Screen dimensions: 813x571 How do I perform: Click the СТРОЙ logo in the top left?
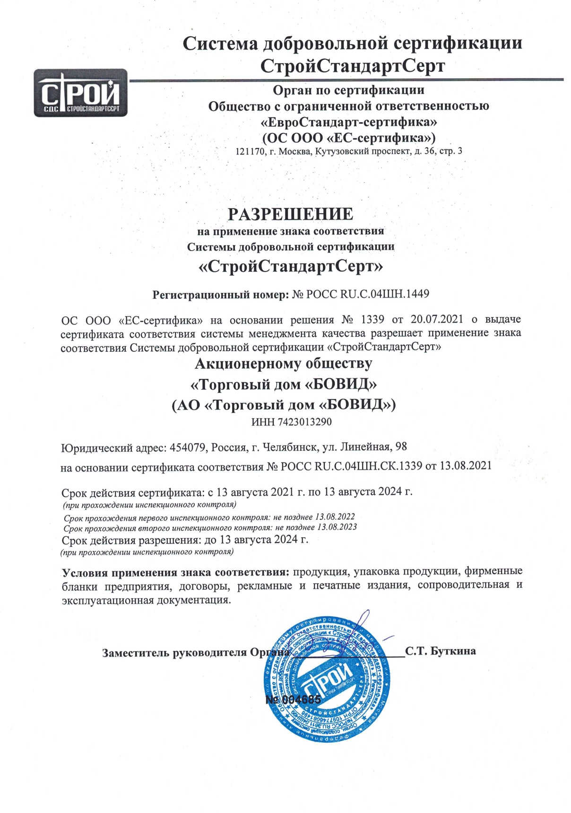coord(80,93)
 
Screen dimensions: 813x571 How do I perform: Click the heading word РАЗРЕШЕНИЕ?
coord(290,214)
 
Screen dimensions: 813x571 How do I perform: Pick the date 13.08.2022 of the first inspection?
coord(335,517)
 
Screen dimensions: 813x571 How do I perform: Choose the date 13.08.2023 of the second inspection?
coord(337,527)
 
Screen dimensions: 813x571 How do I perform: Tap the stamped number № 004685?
coord(293,699)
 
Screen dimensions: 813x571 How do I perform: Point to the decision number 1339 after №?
coord(372,320)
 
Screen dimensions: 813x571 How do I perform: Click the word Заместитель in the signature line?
coord(135,653)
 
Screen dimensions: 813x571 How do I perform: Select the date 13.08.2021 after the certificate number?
coord(466,466)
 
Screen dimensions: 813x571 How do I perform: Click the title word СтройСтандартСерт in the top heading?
coord(352,66)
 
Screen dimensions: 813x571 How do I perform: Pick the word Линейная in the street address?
coord(365,447)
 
